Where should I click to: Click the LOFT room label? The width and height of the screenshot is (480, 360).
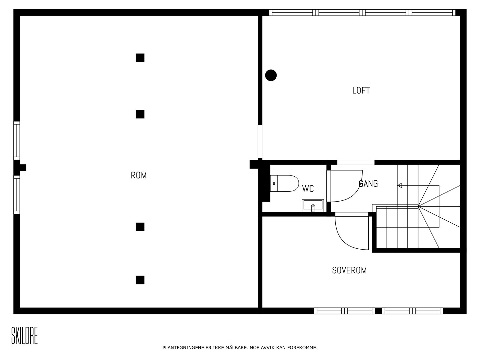coord(361,90)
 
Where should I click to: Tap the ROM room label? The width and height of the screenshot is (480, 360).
coord(139,175)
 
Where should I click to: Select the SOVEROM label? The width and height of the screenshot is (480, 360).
coord(349,270)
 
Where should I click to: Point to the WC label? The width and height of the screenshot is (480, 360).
coord(308,189)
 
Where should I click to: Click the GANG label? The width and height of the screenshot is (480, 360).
coord(368,183)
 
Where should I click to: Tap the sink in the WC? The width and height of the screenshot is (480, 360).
coord(313,205)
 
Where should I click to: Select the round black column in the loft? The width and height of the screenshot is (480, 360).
coord(271,75)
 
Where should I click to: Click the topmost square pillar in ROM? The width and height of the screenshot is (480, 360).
coord(140,58)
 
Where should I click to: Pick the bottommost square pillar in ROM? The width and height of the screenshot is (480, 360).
coord(140,280)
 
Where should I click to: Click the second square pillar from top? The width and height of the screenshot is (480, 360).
coord(140,114)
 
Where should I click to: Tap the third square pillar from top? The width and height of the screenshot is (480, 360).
coord(140,227)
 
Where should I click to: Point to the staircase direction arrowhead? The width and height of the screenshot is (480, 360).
coord(400,185)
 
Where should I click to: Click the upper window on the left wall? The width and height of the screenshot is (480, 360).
coord(16,140)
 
